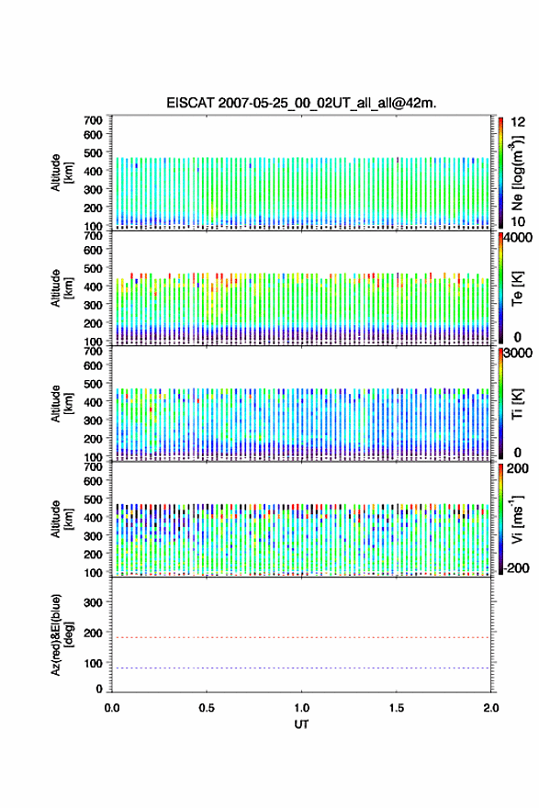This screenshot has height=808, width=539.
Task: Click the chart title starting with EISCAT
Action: tap(301, 103)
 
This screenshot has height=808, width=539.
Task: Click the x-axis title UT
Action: tap(301, 724)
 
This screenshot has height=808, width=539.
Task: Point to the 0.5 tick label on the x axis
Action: tap(207, 708)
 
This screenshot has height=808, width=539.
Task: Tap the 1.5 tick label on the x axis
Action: tap(397, 708)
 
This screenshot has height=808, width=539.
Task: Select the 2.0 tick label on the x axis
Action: tap(491, 708)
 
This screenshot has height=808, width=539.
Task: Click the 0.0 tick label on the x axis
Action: tap(112, 708)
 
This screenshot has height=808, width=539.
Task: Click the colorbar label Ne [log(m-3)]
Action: tap(517, 173)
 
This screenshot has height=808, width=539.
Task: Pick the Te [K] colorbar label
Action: tap(517, 288)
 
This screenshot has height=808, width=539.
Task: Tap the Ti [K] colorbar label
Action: tap(517, 404)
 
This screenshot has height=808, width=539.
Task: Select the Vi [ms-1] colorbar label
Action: tap(517, 519)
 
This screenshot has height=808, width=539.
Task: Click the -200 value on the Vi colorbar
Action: tap(516, 567)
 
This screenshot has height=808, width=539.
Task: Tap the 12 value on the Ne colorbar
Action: tap(518, 122)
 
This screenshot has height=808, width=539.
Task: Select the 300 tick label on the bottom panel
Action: tap(93, 602)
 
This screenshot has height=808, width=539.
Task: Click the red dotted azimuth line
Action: tap(301, 637)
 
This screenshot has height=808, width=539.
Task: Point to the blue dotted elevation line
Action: tap(301, 668)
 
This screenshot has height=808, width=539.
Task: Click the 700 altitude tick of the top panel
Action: tap(93, 120)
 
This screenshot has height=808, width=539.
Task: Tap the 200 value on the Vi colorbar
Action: tap(518, 468)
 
